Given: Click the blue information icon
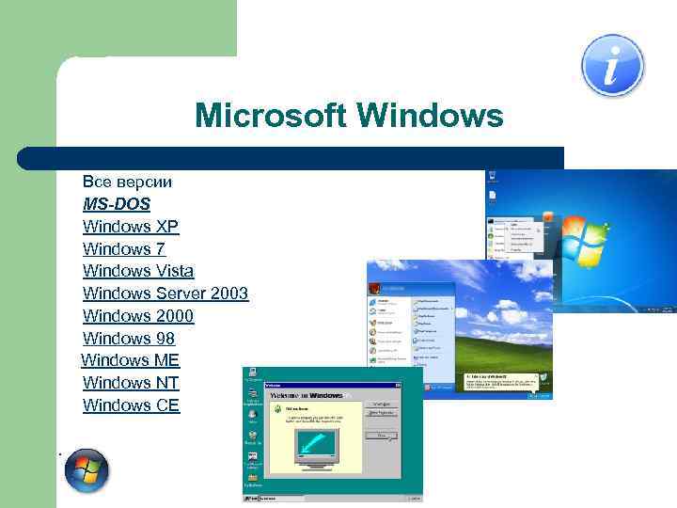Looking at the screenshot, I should point(612,65).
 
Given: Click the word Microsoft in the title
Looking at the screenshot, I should point(272,117).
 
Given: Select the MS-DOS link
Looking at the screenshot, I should point(116,203).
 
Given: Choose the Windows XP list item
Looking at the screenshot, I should point(130,226).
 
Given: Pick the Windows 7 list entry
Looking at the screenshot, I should point(124,248).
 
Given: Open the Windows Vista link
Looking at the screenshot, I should point(138,271).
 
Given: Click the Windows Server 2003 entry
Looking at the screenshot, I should point(165,294).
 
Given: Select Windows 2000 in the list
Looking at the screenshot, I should point(138,316).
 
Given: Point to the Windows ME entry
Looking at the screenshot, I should point(131,360).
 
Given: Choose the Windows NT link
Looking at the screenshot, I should point(131,383).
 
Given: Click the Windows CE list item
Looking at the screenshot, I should point(131,405).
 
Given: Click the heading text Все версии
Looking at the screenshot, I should point(127,181).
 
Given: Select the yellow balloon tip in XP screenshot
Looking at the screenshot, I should point(498,381).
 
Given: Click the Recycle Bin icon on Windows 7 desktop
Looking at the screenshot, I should point(493,179).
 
